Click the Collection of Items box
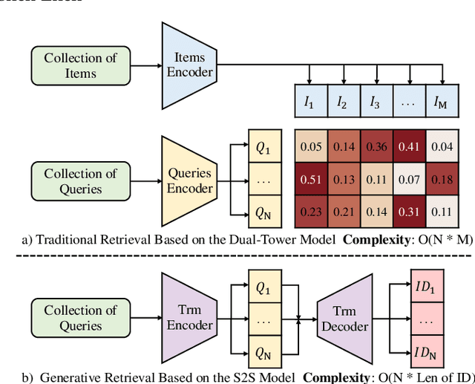click(80, 65)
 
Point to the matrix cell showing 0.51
click(310, 179)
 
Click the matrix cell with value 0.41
click(409, 146)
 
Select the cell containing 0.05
click(310, 146)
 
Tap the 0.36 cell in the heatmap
click(376, 146)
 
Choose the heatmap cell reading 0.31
click(409, 211)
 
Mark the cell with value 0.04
click(442, 146)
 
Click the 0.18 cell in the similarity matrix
click(442, 179)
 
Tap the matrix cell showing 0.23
click(310, 211)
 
